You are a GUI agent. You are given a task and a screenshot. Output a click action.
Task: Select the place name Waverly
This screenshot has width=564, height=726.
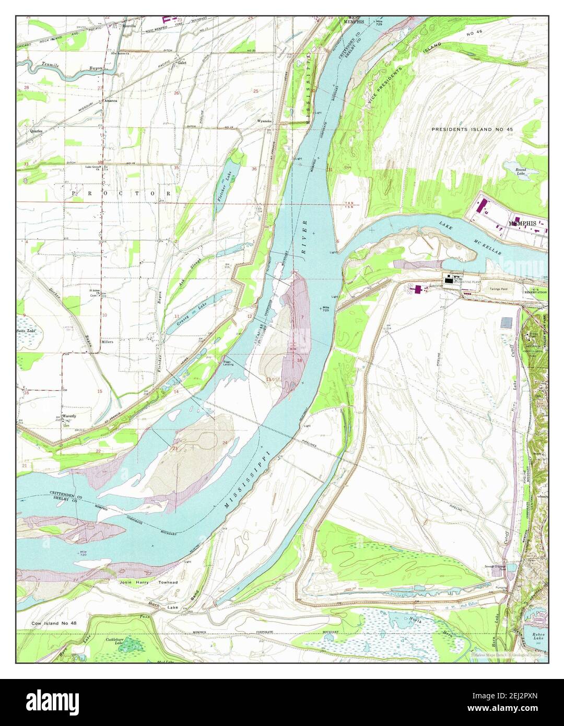(69, 416)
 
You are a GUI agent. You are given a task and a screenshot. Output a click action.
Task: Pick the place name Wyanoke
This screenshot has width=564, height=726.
(264, 121)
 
